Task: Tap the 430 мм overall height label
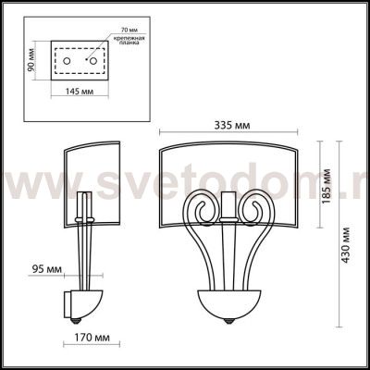tap(348, 244)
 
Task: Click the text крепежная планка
tap(127, 40)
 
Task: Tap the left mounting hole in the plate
tap(70, 59)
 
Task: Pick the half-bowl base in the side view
tap(91, 299)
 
